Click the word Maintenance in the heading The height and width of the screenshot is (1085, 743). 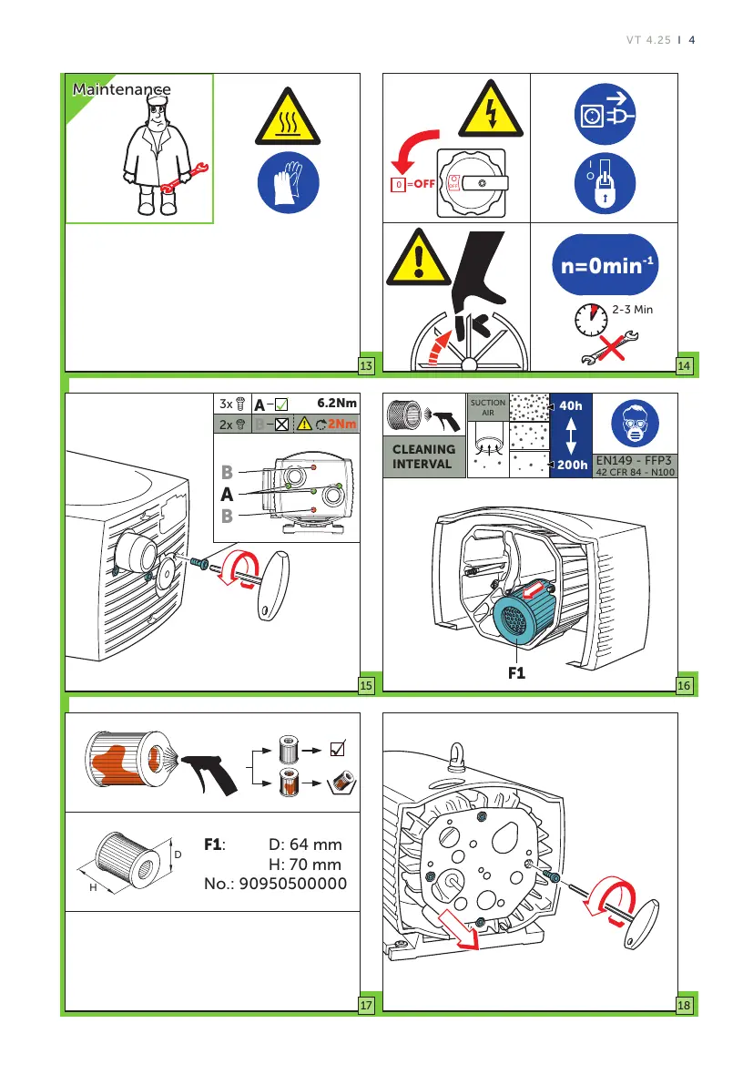pyautogui.click(x=121, y=89)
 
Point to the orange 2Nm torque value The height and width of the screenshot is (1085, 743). pyautogui.click(x=343, y=424)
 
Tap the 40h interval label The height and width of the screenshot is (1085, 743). pyautogui.click(x=572, y=406)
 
